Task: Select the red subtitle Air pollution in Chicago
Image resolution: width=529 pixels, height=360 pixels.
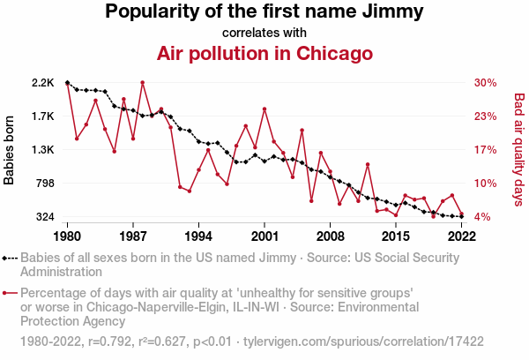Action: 264,54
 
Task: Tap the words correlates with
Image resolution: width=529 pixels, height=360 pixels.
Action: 264,33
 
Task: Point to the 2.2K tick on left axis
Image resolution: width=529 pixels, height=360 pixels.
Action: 42,83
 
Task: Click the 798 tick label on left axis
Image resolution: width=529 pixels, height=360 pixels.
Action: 44,184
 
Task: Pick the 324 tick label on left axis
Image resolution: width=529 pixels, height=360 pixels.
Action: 44,217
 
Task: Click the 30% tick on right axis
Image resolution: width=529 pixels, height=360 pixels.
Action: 485,83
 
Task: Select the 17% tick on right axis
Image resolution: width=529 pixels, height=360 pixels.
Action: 485,150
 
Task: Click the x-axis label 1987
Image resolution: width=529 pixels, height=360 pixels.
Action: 133,236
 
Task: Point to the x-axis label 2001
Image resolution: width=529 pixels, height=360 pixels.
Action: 264,236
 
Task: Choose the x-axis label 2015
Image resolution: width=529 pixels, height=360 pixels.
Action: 396,236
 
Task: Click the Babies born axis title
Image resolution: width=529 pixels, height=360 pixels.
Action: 10,150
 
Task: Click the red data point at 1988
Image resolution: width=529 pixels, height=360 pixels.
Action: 143,83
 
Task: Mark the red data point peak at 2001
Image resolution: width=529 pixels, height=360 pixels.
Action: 264,109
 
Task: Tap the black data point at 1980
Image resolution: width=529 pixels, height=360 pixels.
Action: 68,83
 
